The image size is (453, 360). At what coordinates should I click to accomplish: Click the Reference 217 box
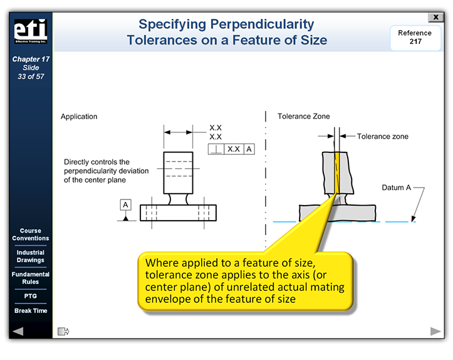414,38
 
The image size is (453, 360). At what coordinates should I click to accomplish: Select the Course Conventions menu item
30,235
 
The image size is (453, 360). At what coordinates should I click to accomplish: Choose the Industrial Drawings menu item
30,257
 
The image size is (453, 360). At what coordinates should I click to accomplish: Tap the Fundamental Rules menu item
30,278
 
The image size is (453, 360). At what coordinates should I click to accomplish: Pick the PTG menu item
30,296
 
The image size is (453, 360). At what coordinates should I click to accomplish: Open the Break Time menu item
30,311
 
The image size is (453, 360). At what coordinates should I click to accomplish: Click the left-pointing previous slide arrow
18,331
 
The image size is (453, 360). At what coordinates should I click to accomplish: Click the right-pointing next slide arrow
435,331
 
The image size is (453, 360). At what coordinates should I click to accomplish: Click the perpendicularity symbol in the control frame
216,149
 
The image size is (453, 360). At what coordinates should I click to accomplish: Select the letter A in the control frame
249,149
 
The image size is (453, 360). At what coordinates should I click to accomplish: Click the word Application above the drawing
79,117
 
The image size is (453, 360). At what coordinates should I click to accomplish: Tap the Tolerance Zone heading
304,117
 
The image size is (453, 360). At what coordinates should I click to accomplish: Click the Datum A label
397,188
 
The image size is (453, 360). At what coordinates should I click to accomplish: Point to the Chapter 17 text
30,60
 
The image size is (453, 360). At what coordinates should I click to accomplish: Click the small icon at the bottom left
63,331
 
